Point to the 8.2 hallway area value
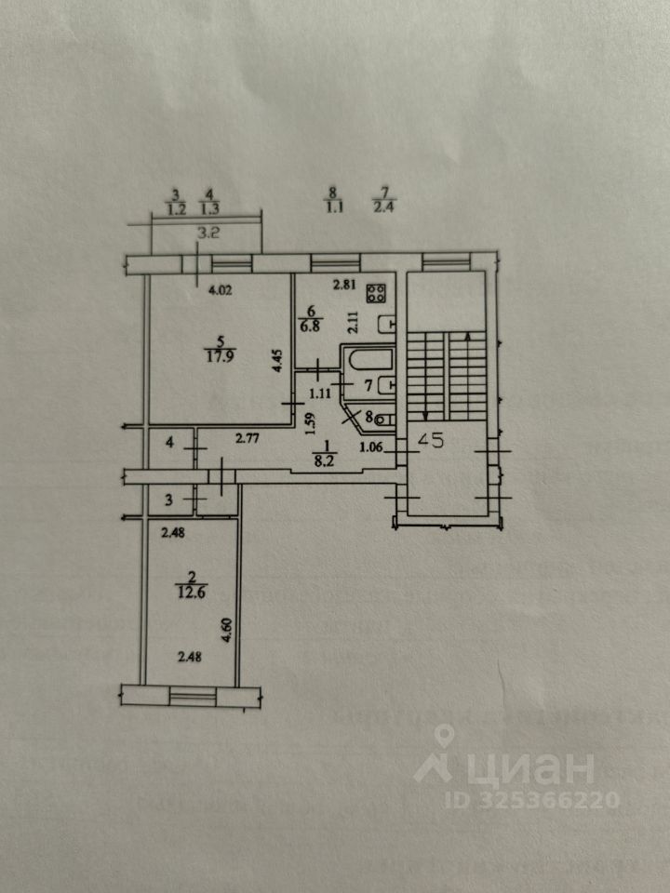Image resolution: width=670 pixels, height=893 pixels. [x=324, y=458]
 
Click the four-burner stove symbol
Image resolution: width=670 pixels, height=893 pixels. [x=377, y=294]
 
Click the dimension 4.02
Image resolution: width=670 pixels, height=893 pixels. [x=220, y=289]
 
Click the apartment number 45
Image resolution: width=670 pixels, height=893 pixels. [x=431, y=443]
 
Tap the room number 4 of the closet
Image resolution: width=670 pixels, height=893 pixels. [x=168, y=444]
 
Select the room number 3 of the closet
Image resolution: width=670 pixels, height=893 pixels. [x=168, y=500]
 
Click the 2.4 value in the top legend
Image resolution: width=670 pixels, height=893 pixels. [x=383, y=208]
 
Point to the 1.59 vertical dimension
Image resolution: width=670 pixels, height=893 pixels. [x=312, y=426]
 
